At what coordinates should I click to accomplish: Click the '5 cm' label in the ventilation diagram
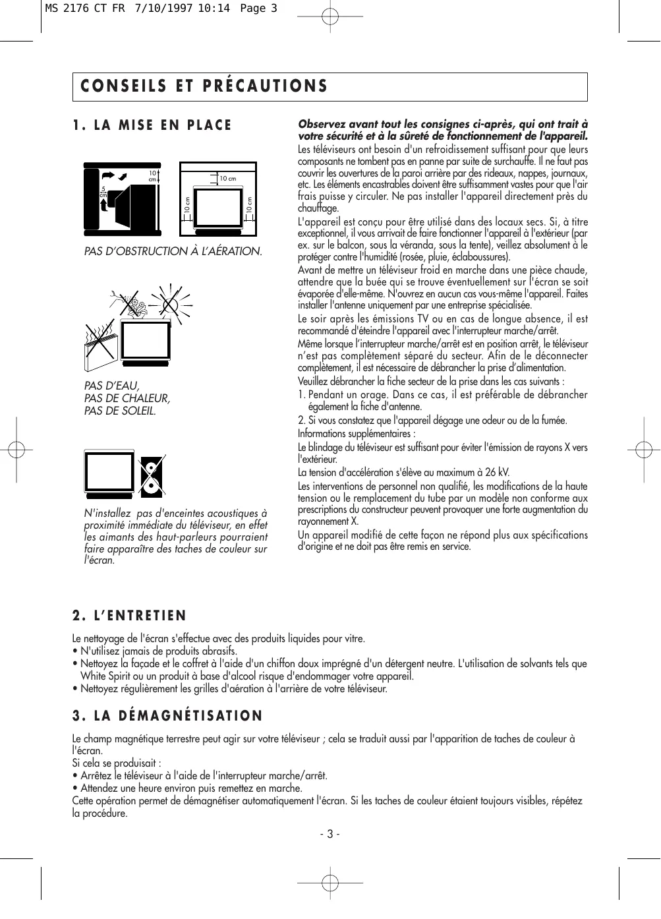[103, 191]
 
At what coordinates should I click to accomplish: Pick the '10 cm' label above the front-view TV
[228, 179]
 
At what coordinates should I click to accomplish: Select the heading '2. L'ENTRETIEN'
[129, 616]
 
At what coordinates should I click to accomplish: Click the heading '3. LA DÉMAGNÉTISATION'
[167, 716]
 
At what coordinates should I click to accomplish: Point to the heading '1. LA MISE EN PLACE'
[152, 125]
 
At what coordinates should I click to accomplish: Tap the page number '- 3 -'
[330, 834]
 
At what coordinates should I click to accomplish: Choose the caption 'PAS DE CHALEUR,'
[127, 398]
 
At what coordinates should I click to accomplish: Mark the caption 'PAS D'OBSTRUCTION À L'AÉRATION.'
[173, 251]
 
